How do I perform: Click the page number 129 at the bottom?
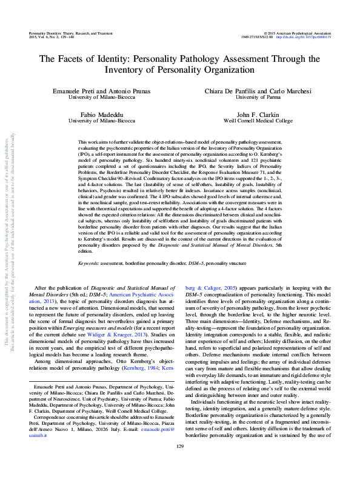pyautogui.click(x=179, y=464)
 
